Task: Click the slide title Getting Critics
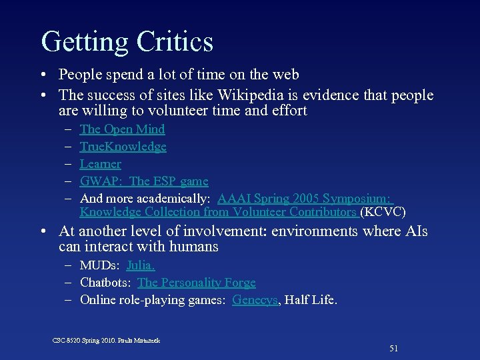(127, 41)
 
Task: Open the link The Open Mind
(122, 129)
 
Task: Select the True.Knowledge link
(123, 147)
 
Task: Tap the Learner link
(100, 164)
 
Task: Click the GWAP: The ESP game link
(144, 181)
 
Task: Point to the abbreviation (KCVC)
(383, 213)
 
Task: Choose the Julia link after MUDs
(141, 265)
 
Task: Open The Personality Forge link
(196, 283)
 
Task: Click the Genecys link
(255, 300)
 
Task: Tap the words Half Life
(311, 300)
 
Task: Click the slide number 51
(393, 348)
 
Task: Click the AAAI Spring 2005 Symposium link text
(305, 199)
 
